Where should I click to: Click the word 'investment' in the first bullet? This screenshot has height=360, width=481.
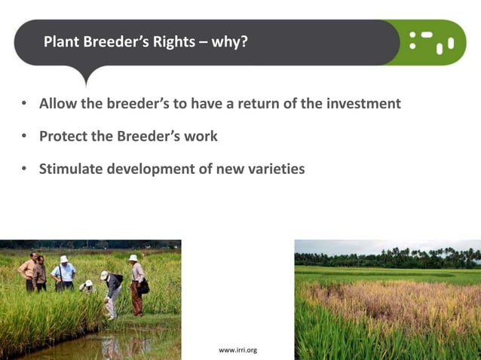[x=363, y=104]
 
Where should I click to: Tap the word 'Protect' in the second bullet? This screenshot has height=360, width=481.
[x=65, y=136]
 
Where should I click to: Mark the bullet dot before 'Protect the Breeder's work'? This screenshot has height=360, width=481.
[x=24, y=137]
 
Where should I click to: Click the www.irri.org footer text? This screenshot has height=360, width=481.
[x=237, y=350]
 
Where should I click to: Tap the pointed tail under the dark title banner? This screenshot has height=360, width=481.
[x=86, y=75]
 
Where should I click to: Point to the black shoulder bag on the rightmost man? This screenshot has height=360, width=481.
[x=142, y=287]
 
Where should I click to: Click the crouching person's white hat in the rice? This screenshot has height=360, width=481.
[x=87, y=283]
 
